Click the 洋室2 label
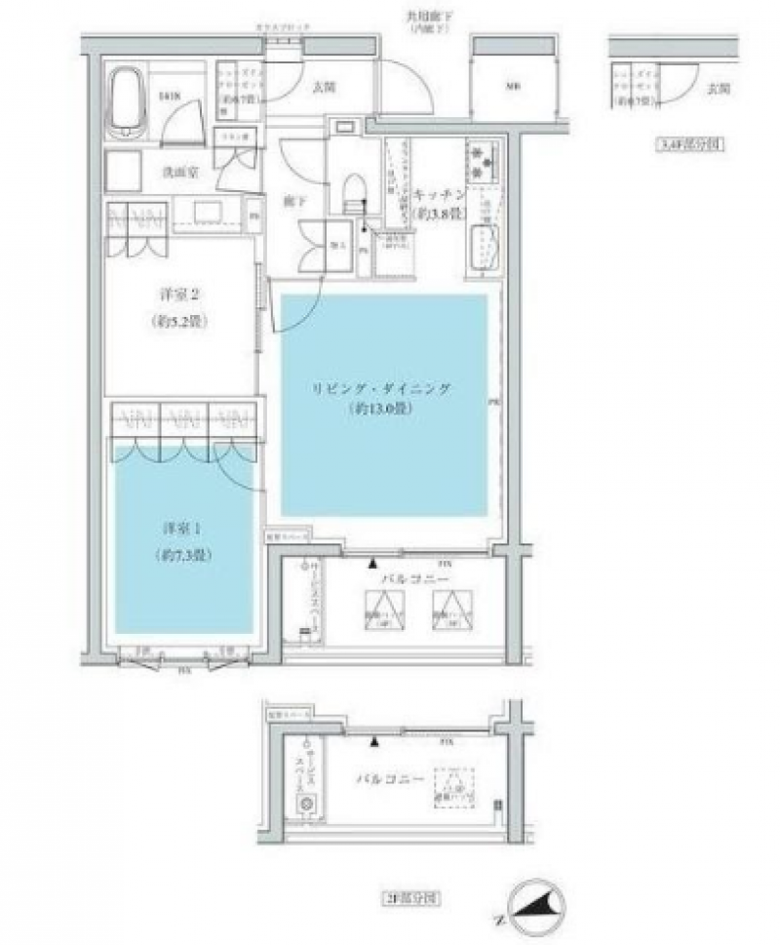click(x=181, y=295)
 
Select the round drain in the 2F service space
click(x=306, y=803)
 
